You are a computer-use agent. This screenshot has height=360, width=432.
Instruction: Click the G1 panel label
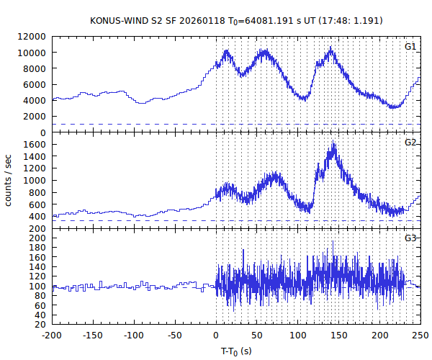click(410, 47)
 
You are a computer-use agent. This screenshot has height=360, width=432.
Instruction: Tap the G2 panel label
click(410, 143)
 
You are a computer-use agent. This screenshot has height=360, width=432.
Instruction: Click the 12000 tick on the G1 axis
click(33, 37)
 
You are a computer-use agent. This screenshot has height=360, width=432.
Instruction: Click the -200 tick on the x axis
click(52, 336)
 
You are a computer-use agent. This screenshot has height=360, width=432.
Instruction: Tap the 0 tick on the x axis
click(216, 336)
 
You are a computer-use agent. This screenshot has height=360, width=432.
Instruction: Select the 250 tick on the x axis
click(420, 336)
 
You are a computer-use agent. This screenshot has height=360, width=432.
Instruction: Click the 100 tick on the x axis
click(298, 336)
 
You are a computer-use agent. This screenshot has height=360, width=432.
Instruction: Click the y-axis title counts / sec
click(9, 180)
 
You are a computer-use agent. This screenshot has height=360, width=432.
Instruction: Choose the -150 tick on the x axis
click(93, 336)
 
